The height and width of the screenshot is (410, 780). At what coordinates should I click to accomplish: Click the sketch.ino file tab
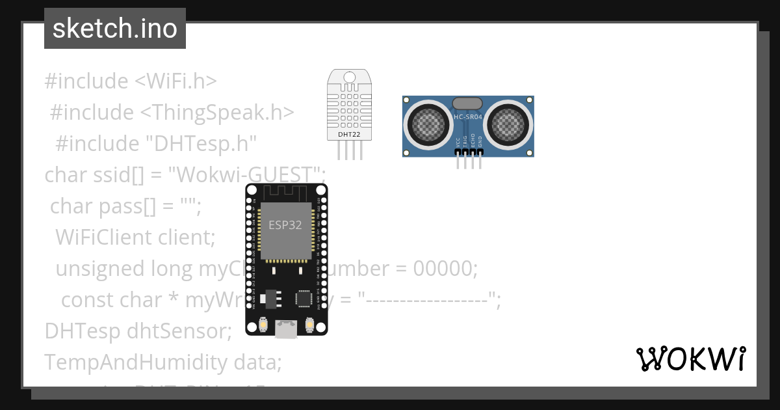pos(115,29)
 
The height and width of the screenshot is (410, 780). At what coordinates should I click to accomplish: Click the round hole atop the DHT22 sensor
pos(350,77)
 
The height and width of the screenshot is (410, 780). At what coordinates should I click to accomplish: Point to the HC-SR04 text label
pos(468,117)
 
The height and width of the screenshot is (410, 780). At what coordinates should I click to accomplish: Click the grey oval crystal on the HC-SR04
pos(468,103)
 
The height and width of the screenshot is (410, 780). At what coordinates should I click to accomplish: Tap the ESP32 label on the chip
pos(286,225)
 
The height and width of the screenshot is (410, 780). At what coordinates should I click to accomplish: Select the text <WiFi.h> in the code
pos(175,81)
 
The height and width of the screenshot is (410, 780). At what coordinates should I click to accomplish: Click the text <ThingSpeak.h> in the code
pos(217,113)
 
